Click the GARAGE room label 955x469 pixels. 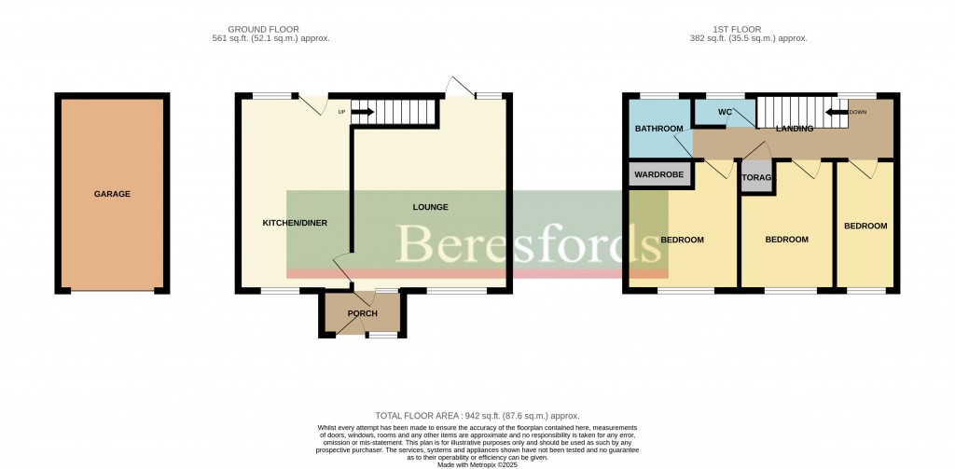112,194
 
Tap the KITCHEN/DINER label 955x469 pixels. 294,223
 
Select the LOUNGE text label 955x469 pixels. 431,207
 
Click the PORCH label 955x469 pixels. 362,313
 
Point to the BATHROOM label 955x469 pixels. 659,129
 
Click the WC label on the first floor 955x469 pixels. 725,113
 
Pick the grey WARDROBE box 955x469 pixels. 659,174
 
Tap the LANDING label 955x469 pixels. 794,129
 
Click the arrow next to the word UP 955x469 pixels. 362,113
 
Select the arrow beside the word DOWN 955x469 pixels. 835,113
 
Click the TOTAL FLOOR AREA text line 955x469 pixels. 477,416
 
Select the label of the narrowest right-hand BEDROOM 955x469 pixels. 865,226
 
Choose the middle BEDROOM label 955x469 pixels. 786,240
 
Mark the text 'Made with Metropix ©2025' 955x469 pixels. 477,464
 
